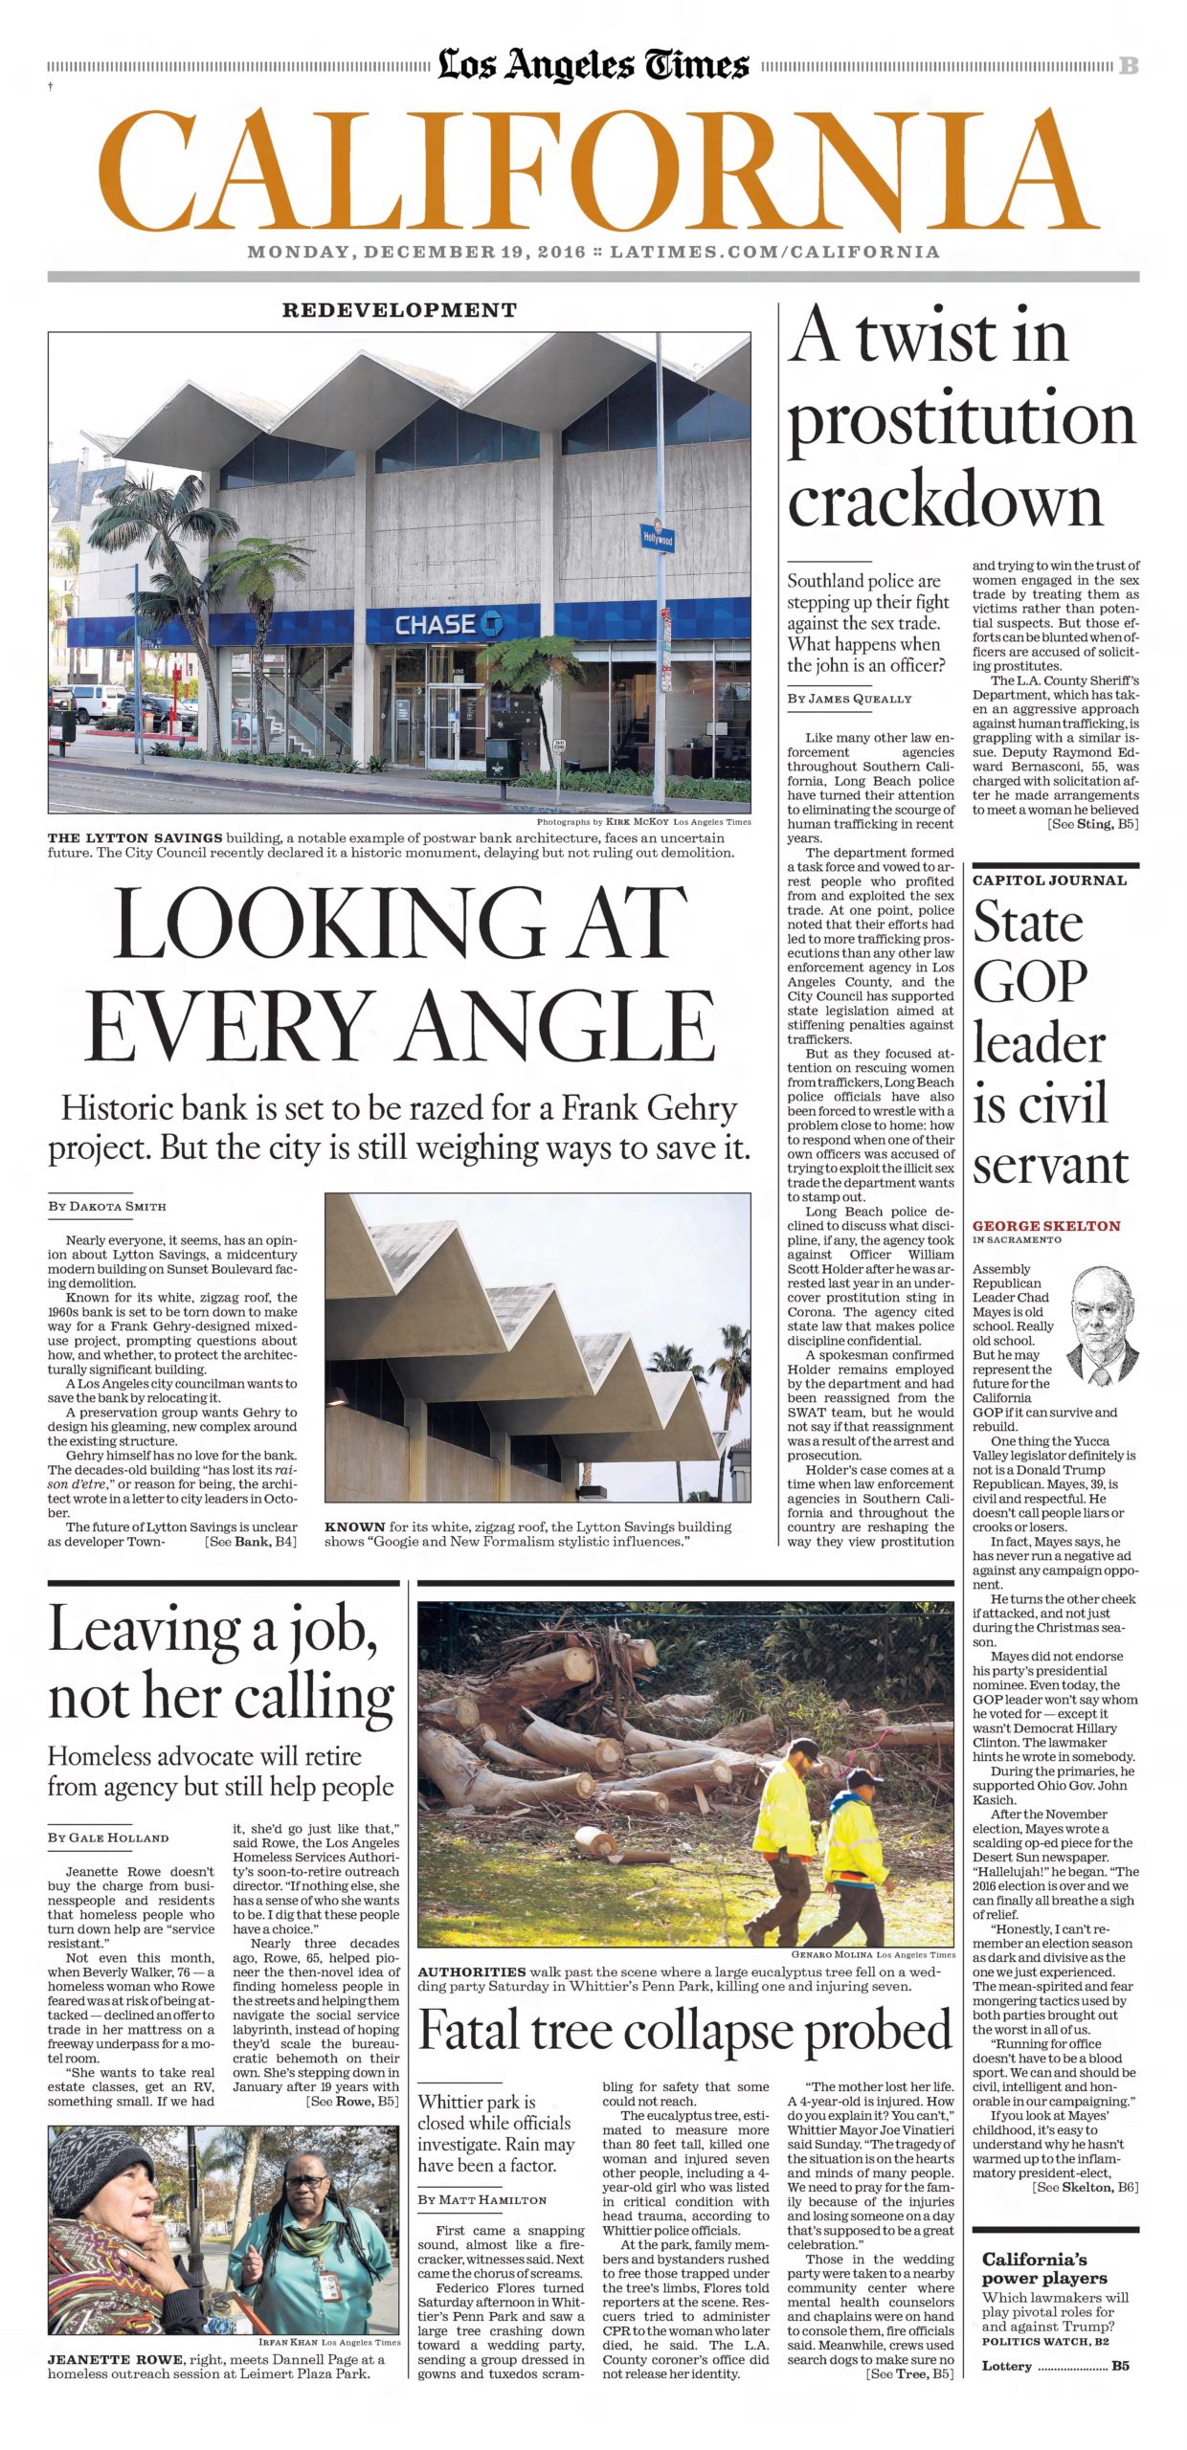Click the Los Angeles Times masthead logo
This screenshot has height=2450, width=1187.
pos(593,65)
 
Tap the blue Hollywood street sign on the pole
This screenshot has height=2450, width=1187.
pos(658,538)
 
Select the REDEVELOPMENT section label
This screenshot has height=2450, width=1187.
pos(399,310)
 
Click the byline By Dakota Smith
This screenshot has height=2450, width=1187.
pos(107,1206)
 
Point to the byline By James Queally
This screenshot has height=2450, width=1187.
pos(849,699)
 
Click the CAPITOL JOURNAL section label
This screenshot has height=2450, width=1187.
pos(1049,880)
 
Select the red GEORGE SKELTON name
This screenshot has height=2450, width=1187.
pos(1045,1226)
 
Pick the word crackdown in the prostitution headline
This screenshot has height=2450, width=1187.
pos(945,500)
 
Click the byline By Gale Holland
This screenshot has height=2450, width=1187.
pos(108,1837)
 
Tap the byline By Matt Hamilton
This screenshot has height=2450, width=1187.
pos(482,2199)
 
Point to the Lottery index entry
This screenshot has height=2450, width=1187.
pos(1007,2366)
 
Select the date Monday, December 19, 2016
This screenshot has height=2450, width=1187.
pos(415,253)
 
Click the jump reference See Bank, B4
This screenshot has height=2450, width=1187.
pos(251,1542)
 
